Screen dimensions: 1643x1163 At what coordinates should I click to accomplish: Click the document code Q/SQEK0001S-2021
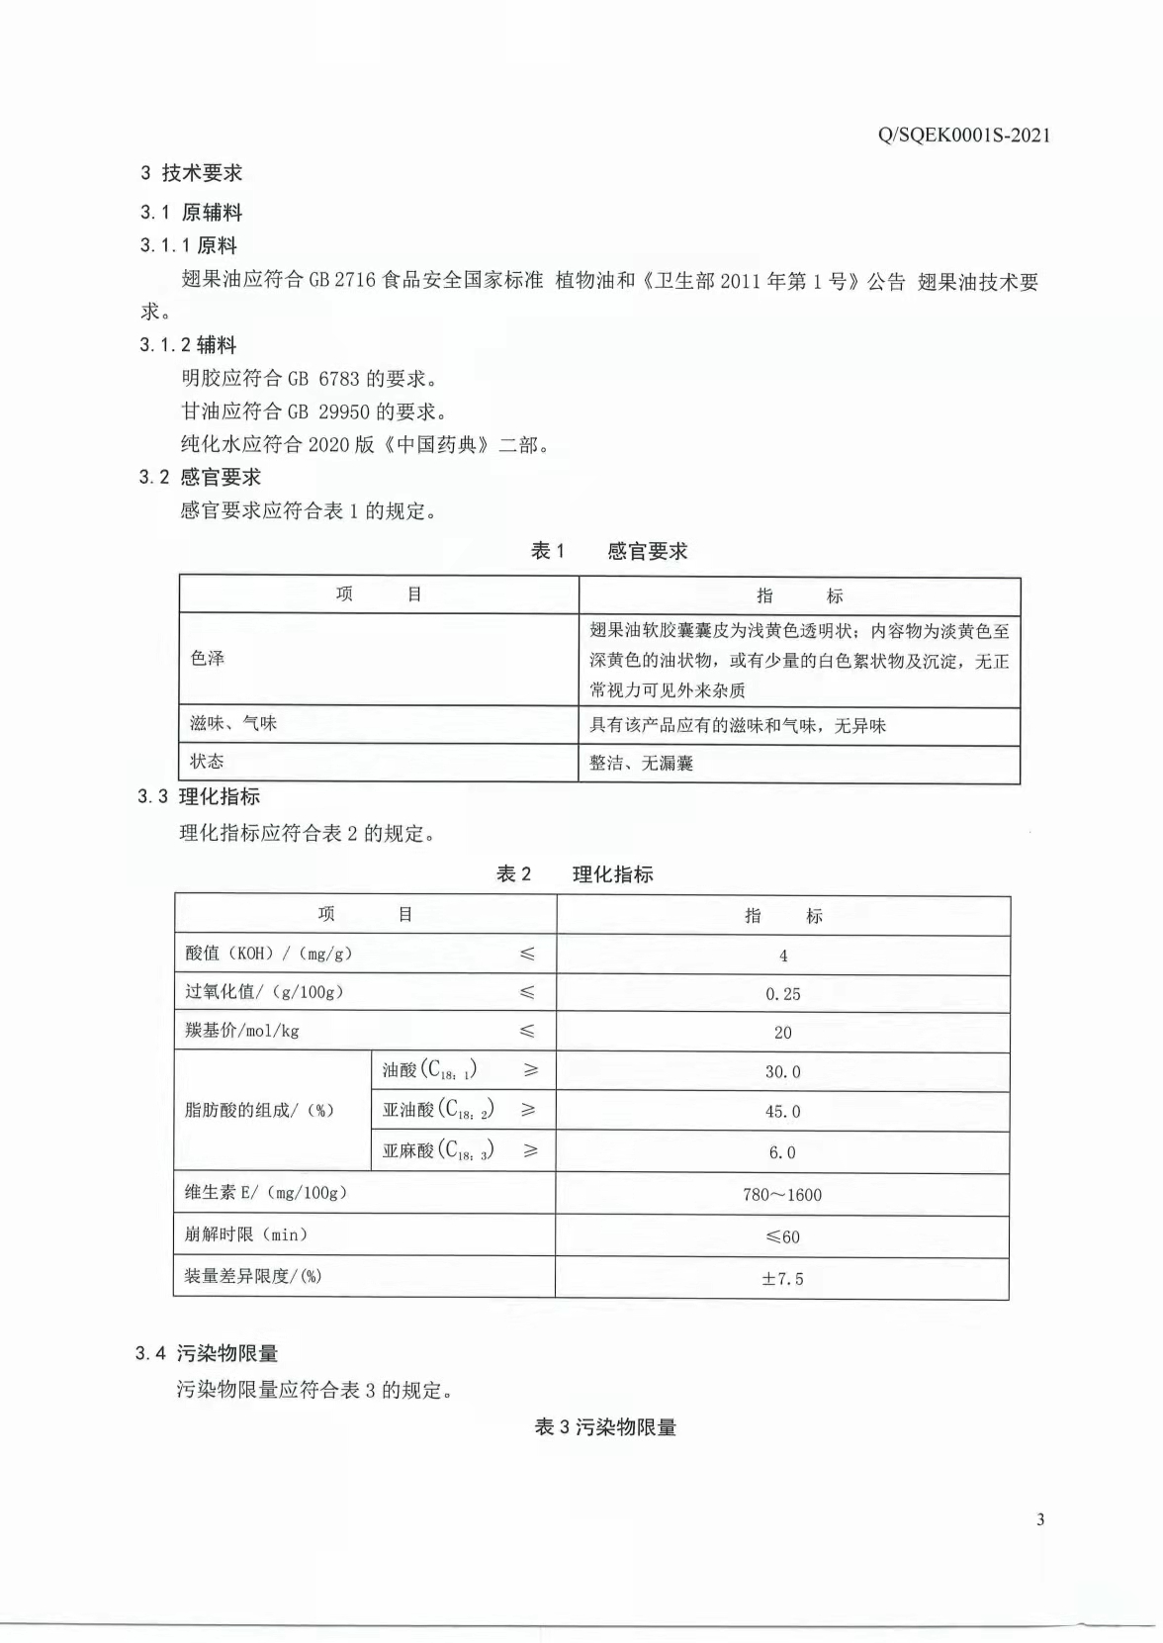[963, 136]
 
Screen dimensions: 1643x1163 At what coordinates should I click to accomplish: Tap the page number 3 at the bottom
[1039, 1519]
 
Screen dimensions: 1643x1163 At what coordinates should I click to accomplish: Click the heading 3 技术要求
[192, 173]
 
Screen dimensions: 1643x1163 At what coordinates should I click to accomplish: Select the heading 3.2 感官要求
[200, 478]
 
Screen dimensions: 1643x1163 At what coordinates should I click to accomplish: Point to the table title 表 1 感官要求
[608, 551]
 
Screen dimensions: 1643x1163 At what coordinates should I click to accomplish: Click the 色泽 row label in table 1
[208, 659]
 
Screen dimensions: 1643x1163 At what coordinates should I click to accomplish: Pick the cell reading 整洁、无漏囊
[641, 764]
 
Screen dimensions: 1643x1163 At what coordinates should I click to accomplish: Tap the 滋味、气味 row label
[233, 724]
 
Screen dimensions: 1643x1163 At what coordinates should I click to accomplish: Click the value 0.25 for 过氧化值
[782, 994]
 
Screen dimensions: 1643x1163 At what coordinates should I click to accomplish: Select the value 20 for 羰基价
[782, 1033]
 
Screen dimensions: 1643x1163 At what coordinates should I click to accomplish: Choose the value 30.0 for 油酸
[782, 1072]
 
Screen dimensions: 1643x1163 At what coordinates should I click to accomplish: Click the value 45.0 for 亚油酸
[782, 1112]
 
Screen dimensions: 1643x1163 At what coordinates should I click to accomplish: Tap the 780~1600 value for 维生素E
[782, 1195]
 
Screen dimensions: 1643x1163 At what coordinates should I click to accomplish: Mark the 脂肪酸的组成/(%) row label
[259, 1111]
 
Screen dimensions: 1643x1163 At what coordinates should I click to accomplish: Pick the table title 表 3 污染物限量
[605, 1427]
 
